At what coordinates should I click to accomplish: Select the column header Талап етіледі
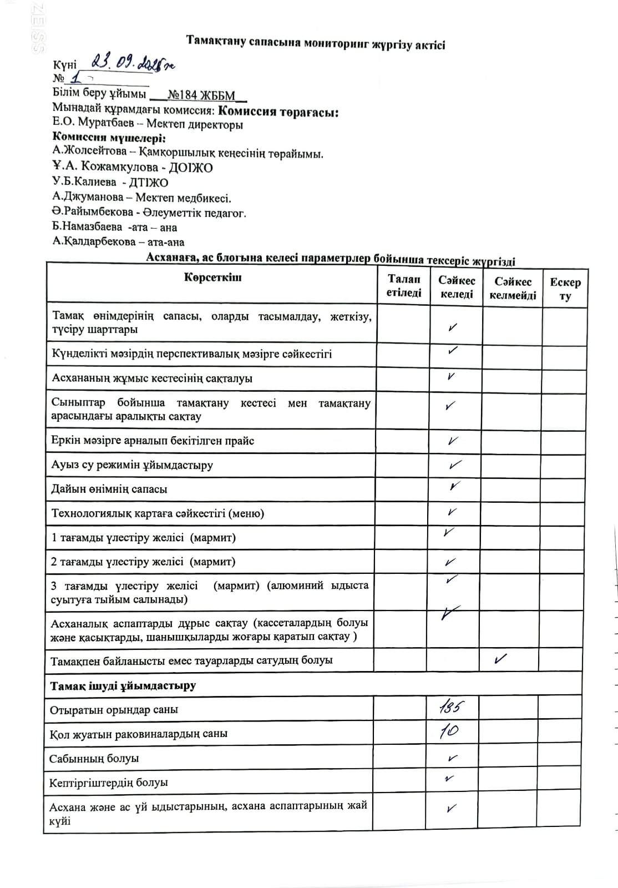(403, 286)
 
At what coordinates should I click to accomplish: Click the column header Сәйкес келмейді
(513, 289)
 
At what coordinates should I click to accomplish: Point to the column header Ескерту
(565, 289)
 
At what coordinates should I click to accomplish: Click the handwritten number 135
(451, 708)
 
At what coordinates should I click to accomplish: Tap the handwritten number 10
(449, 731)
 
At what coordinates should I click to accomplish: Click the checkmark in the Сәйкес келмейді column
(500, 659)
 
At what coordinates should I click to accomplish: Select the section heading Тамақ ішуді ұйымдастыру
(123, 685)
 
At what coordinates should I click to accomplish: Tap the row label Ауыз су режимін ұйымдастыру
(132, 465)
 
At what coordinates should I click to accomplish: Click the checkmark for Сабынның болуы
(452, 758)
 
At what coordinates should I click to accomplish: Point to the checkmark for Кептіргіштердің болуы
(449, 779)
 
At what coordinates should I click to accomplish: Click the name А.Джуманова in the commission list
(88, 197)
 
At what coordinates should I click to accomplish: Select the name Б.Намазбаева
(87, 227)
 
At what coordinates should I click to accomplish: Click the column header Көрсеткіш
(212, 277)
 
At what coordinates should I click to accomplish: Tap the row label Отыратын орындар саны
(114, 710)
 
